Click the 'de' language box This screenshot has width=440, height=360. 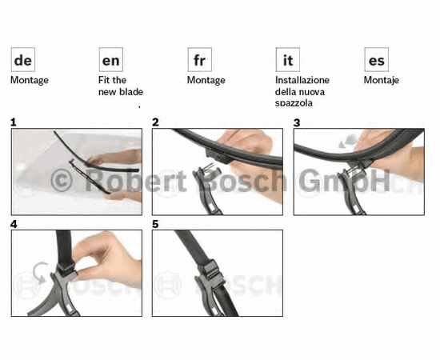pyautogui.click(x=23, y=60)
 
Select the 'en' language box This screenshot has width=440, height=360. pyautogui.click(x=111, y=60)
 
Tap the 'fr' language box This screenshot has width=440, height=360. pyautogui.click(x=199, y=60)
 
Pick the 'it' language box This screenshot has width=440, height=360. pyautogui.click(x=288, y=60)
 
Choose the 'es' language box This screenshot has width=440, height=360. pyautogui.click(x=376, y=60)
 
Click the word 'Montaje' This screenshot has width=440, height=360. pyautogui.click(x=382, y=81)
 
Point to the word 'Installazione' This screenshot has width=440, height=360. pyautogui.click(x=302, y=80)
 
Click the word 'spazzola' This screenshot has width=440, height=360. pyautogui.click(x=294, y=103)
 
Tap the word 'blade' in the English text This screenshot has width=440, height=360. pyautogui.click(x=132, y=92)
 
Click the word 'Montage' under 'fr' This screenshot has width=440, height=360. pyautogui.click(x=206, y=81)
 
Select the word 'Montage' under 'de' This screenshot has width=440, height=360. pyautogui.click(x=30, y=81)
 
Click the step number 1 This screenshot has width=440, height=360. pyautogui.click(x=13, y=122)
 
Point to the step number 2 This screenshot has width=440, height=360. pyautogui.click(x=155, y=122)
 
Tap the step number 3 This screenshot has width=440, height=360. pyautogui.click(x=297, y=122)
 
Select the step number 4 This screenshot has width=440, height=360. pyautogui.click(x=14, y=224)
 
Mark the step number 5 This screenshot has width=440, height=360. pyautogui.click(x=155, y=224)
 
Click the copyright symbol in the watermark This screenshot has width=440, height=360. pyautogui.click(x=62, y=181)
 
